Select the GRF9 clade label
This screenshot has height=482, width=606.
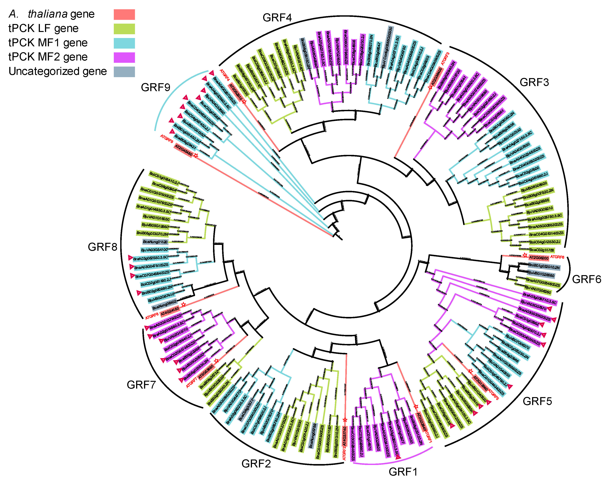tap(155, 88)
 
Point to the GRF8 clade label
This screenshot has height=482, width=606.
tap(102, 247)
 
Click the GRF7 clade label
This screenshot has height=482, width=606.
tap(141, 385)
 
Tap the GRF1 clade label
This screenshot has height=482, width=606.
tap(403, 472)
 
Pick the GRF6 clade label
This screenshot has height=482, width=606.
tap(587, 279)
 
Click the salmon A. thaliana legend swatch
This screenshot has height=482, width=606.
tap(124, 15)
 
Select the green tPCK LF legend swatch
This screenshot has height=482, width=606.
tap(124, 29)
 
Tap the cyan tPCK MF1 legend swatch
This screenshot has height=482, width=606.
tap(124, 43)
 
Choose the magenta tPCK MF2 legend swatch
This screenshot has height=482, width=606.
tap(124, 57)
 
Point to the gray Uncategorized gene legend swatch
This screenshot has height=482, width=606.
tap(124, 72)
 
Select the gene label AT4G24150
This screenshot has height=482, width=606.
tap(170, 311)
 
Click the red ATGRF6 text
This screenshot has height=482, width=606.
tap(557, 257)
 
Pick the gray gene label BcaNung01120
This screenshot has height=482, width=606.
tap(155, 242)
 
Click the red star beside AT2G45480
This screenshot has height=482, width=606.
tap(196, 155)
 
